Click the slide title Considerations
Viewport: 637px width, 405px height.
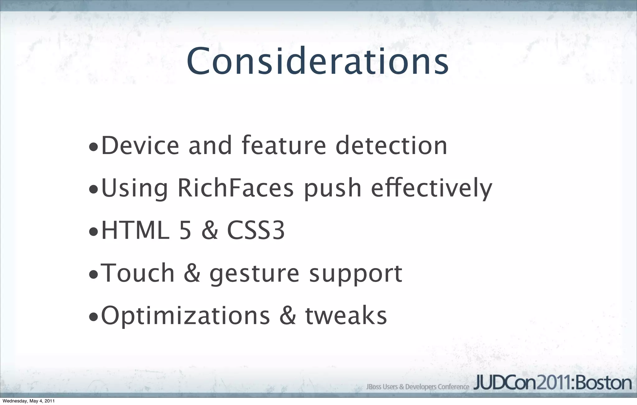point(317,61)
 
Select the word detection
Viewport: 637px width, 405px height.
point(391,145)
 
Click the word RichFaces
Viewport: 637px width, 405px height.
point(235,188)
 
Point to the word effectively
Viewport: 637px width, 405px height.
point(431,188)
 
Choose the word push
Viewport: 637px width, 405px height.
point(332,188)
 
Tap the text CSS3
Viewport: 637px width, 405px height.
point(256,231)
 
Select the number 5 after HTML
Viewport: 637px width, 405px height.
point(185,231)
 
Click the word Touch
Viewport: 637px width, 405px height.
point(138,273)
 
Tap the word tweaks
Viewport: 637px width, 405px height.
point(346,315)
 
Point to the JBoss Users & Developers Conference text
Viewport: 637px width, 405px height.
point(417,387)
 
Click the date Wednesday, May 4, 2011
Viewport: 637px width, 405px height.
point(29,401)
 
